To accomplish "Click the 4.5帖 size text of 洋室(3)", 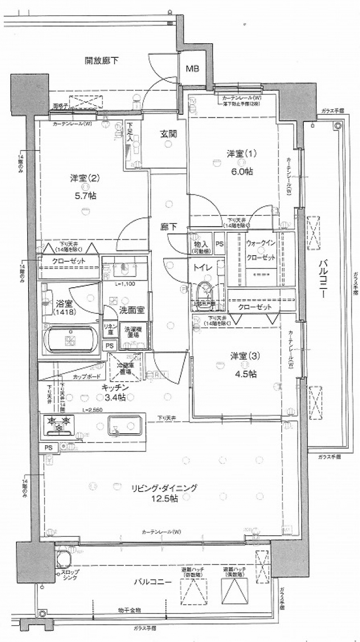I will [244, 373].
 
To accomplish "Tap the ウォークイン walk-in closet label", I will [260, 243].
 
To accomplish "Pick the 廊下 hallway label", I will [168, 227].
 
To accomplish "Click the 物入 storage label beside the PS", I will [201, 243].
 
